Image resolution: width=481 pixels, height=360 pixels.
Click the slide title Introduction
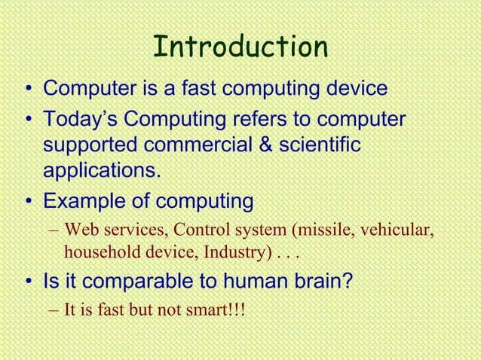(240, 47)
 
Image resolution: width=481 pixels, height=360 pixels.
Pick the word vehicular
(397, 230)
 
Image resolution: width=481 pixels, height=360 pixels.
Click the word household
(97, 251)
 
